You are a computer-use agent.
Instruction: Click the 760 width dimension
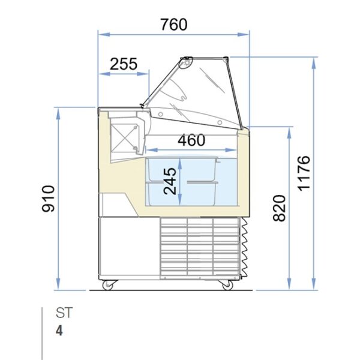click(174, 25)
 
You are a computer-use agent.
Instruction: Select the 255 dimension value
click(124, 64)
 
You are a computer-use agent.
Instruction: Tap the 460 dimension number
click(191, 140)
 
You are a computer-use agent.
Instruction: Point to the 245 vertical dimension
click(170, 181)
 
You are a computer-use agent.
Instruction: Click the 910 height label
click(48, 199)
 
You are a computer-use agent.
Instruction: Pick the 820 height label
click(279, 208)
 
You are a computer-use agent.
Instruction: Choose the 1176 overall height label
click(304, 173)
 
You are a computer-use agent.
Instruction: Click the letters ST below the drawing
click(64, 313)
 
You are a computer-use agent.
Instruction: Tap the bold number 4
click(59, 331)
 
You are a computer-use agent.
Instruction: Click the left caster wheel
click(108, 285)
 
